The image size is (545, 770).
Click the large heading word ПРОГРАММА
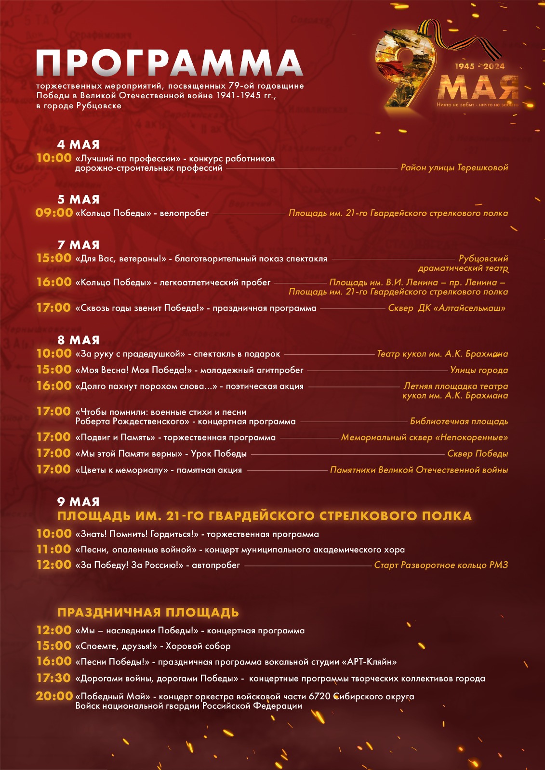tap(169, 63)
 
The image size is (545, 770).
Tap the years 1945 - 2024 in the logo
tap(480, 66)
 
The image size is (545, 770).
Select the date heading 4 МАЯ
tap(78, 144)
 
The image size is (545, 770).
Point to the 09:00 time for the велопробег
tap(54, 213)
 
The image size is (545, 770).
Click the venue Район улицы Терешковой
tap(454, 167)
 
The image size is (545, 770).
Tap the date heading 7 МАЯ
tap(78, 245)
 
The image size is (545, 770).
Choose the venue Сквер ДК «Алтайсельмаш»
tap(447, 308)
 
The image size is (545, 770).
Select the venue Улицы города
tap(479, 370)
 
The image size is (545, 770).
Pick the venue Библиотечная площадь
tap(459, 421)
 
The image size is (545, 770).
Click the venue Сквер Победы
tap(478, 453)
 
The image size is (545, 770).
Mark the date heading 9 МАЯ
tap(78, 501)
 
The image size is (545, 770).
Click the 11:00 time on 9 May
tap(54, 549)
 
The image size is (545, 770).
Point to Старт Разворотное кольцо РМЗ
tap(441, 565)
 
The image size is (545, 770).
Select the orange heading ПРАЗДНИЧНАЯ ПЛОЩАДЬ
tap(148, 613)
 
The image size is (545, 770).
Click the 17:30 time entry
tap(54, 678)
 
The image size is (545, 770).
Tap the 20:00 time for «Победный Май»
tap(54, 696)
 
